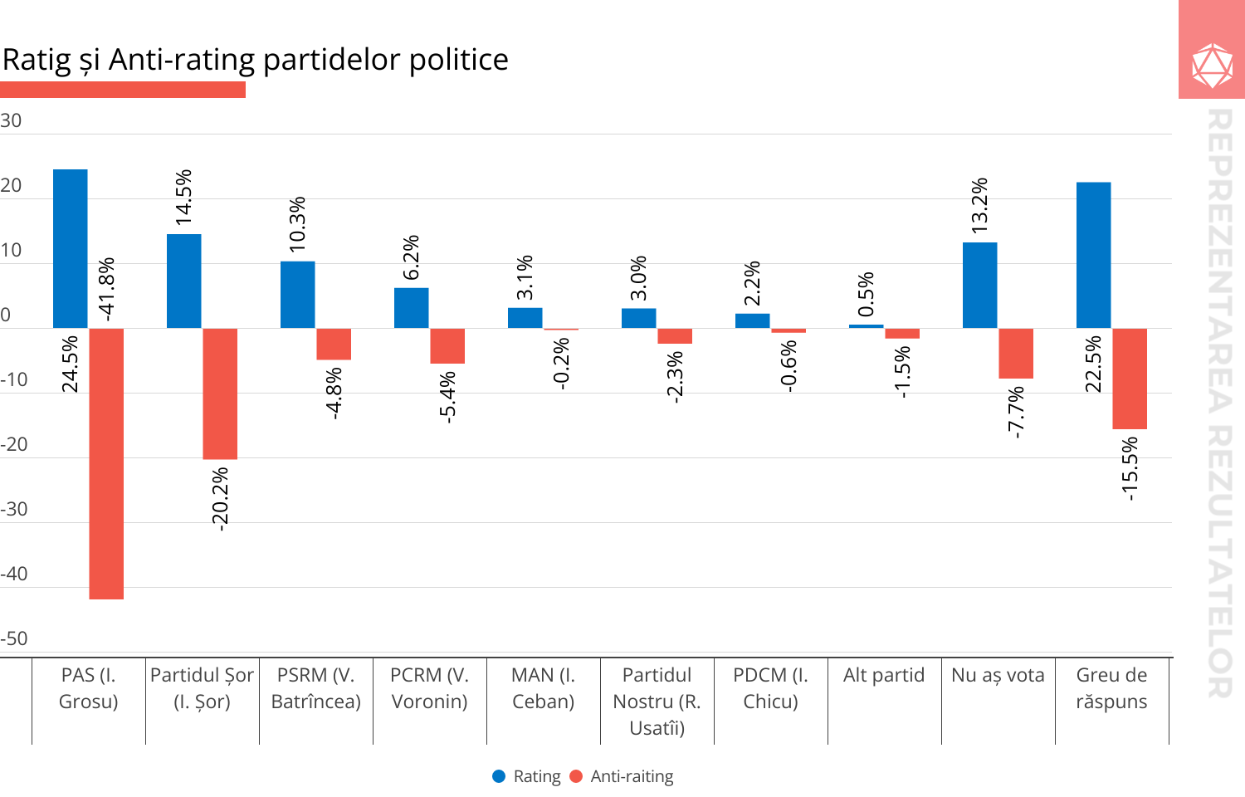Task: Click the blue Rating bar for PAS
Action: click(71, 248)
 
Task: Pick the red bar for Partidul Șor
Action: click(220, 394)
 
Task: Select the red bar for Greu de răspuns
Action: click(1130, 379)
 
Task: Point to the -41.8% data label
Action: click(107, 289)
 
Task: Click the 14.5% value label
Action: click(184, 197)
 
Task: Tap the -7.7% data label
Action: click(1017, 412)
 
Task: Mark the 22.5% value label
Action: click(1094, 364)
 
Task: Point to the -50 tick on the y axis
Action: click(14, 638)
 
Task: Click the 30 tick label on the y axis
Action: click(11, 120)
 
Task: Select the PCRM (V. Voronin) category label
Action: click(430, 688)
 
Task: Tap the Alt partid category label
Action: click(884, 675)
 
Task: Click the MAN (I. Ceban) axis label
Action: click(544, 688)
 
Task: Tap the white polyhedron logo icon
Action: click(1212, 66)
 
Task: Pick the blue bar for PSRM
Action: click(298, 295)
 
